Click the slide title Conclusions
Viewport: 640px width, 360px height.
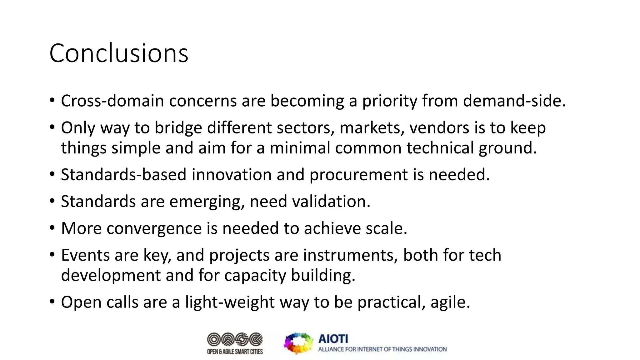click(119, 53)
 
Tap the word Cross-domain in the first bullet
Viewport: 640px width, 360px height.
click(112, 101)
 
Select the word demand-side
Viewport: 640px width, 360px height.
click(514, 101)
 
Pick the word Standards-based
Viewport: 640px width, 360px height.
click(124, 175)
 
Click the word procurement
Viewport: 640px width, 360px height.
click(358, 175)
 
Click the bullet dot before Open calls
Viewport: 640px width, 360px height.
click(52, 302)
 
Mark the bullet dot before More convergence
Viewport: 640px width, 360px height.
click(52, 228)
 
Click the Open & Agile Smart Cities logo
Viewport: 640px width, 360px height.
click(235, 343)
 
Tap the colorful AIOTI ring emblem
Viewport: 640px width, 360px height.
click(298, 343)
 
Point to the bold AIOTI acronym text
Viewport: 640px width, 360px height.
click(333, 339)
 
